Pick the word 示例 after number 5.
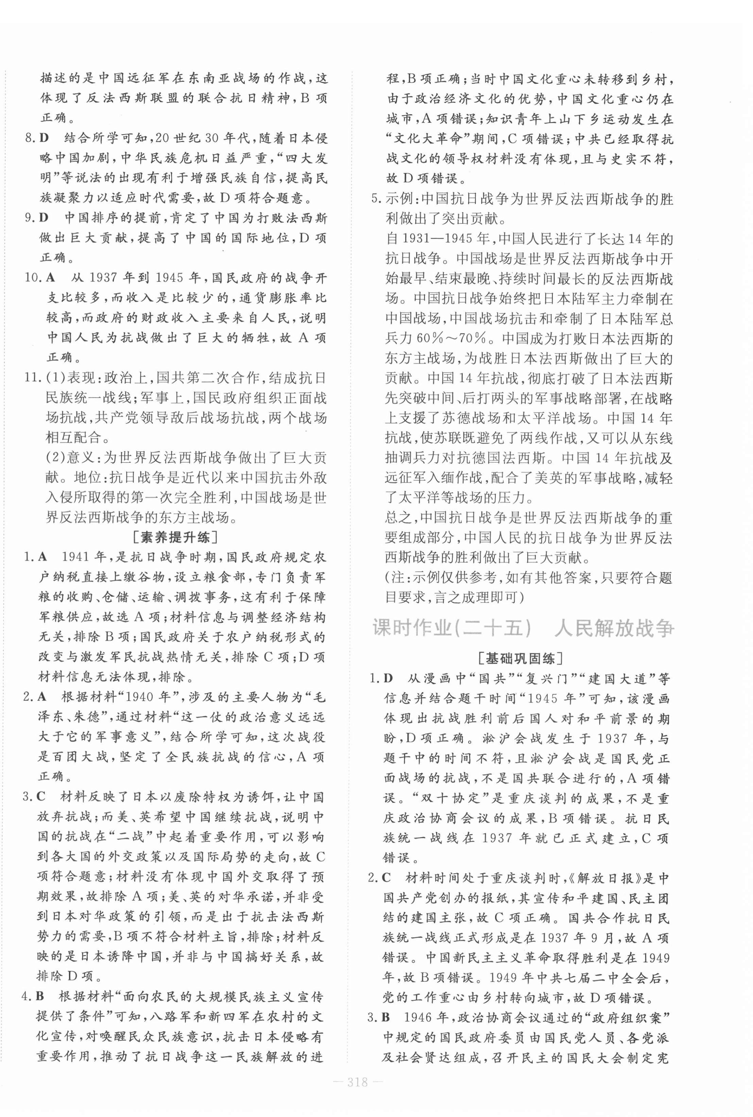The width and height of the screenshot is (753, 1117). (x=397, y=199)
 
